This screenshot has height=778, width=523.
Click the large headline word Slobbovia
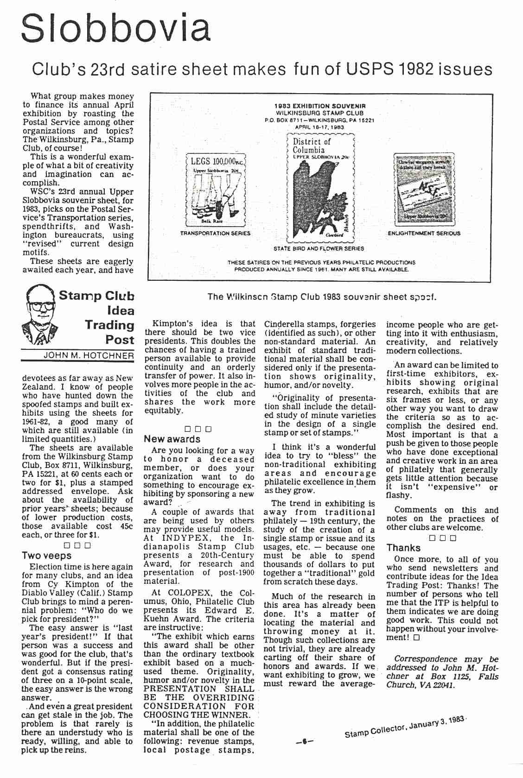pyautogui.click(x=116, y=29)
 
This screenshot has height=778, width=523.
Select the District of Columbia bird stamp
pyautogui.click(x=321, y=188)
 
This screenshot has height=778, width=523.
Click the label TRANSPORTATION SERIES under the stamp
pyautogui.click(x=215, y=233)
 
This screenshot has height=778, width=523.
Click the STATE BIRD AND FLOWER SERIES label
pyautogui.click(x=319, y=248)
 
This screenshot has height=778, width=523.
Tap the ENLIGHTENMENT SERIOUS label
pyautogui.click(x=424, y=233)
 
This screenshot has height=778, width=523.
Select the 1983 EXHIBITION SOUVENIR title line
pyautogui.click(x=320, y=106)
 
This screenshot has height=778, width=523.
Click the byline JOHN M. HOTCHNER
pyautogui.click(x=88, y=356)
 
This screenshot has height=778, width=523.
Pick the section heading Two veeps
pyautogui.click(x=46, y=556)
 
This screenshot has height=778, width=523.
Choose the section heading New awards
pyautogui.click(x=172, y=439)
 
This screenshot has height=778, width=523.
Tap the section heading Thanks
pyautogui.click(x=403, y=548)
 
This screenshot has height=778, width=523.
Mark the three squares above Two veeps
pyautogui.click(x=77, y=545)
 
